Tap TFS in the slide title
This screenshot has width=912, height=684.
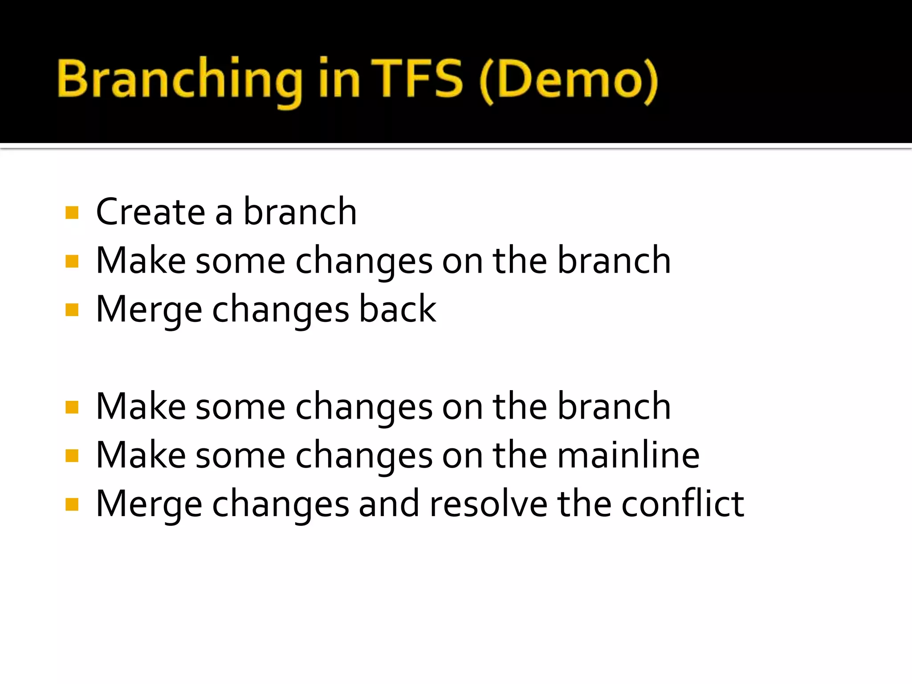pos(417,79)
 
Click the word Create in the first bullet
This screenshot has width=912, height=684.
pos(151,212)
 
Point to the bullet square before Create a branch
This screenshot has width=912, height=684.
pos(72,212)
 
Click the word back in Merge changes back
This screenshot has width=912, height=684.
pos(397,309)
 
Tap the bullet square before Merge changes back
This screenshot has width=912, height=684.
pos(72,309)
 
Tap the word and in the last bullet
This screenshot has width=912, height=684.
pos(389,504)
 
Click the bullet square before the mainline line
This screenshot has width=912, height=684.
pos(72,456)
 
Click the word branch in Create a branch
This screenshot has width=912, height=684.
pos(300,212)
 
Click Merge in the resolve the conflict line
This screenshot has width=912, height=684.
pos(149,505)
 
